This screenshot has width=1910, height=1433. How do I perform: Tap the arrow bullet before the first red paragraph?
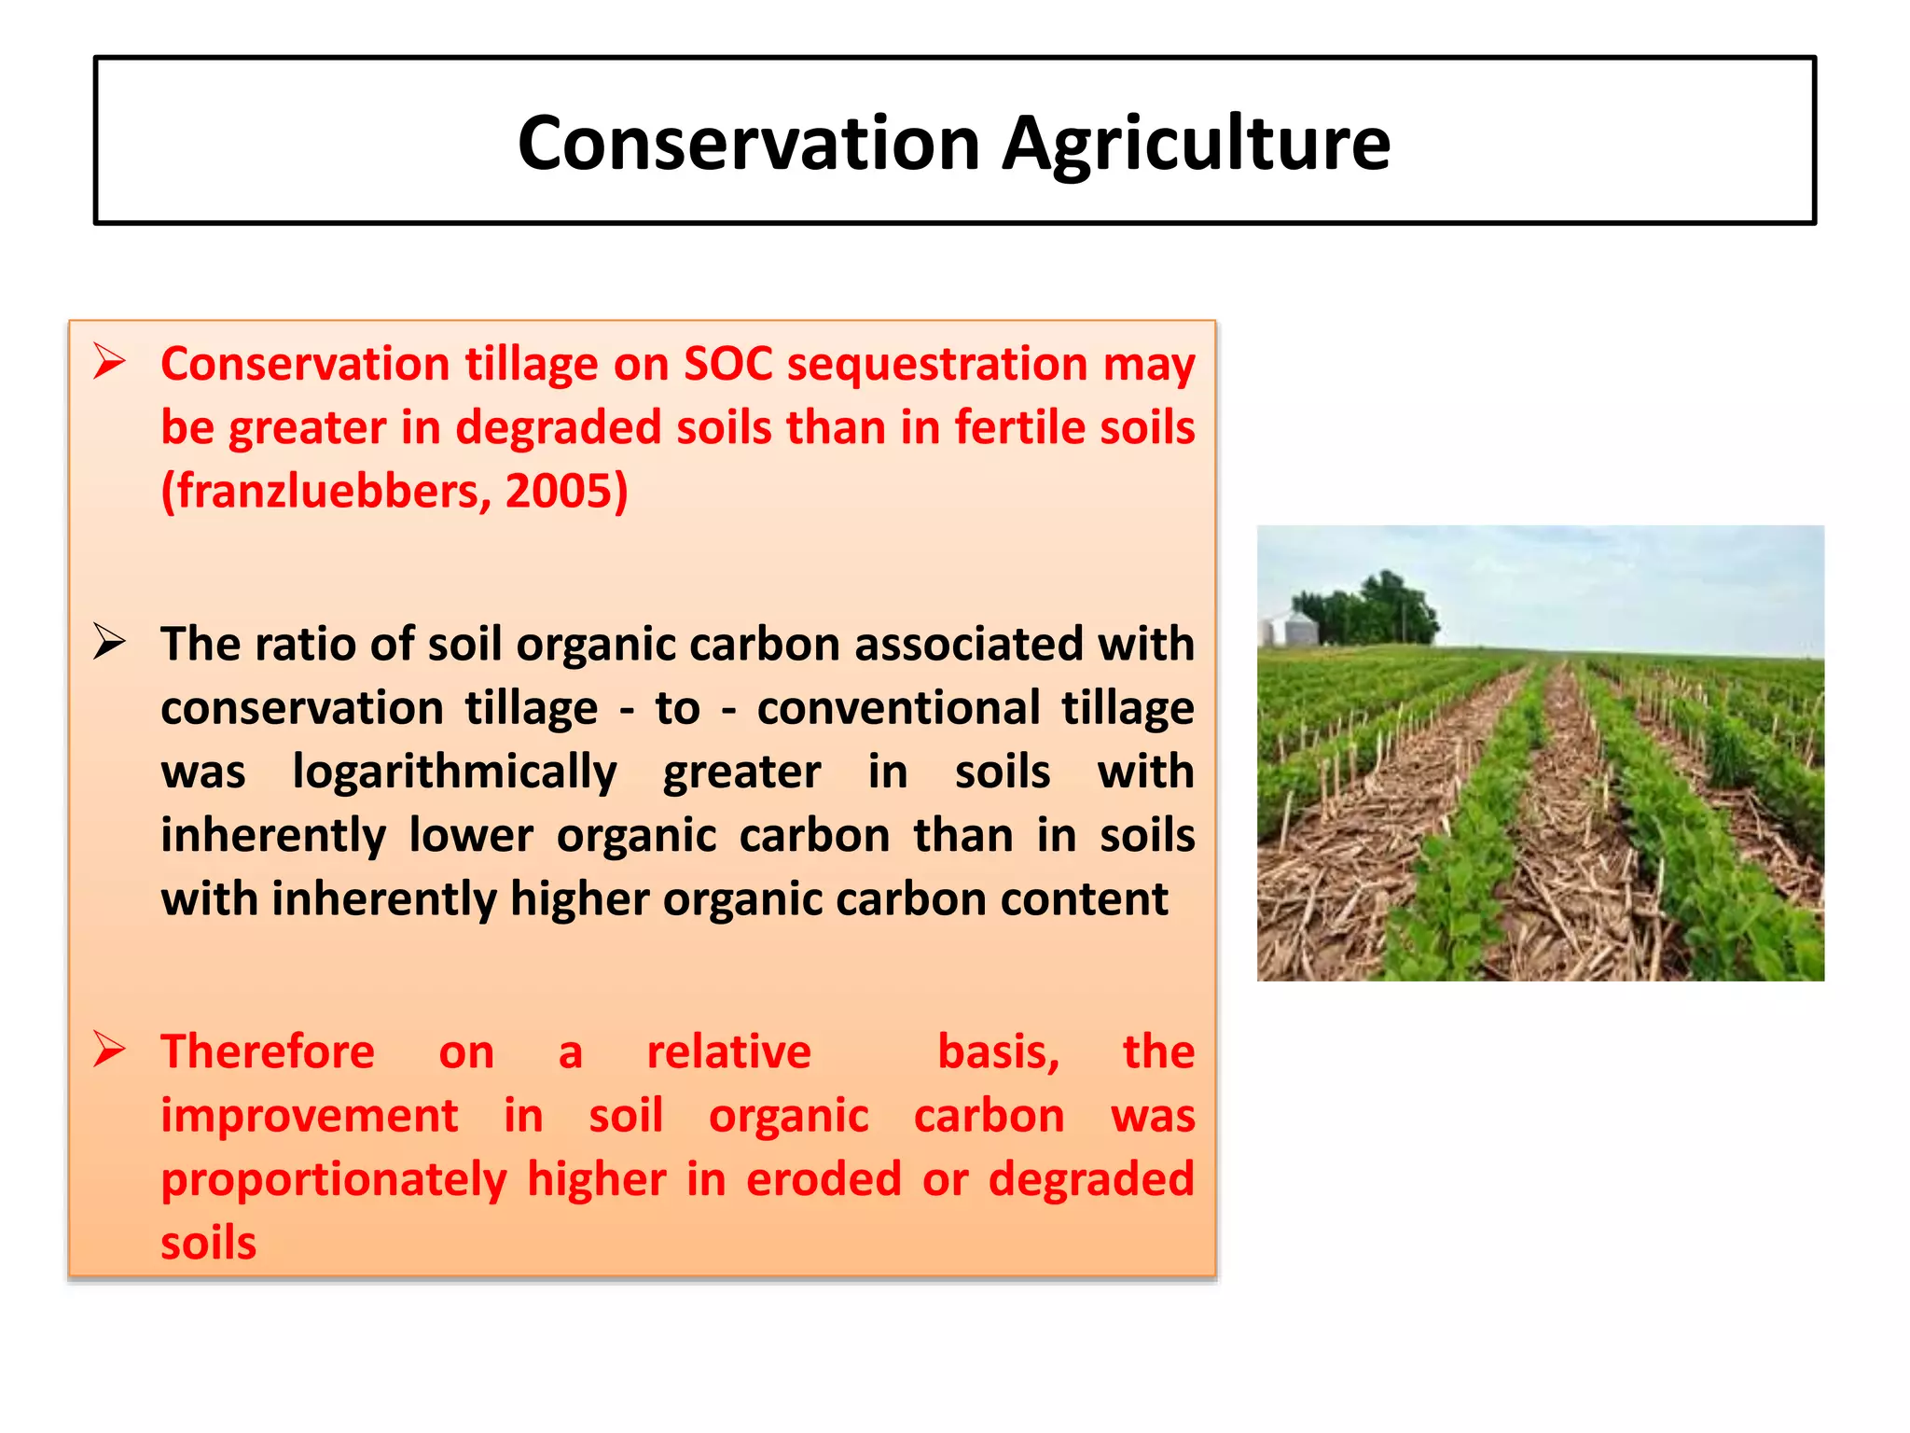109,362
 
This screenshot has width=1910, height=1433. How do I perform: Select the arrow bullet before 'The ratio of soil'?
109,643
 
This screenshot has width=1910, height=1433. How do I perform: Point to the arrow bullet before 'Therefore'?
109,1050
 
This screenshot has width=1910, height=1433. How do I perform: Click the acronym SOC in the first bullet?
727,364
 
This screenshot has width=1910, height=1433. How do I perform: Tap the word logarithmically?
454,772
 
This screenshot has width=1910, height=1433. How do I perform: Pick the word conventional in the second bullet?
897,708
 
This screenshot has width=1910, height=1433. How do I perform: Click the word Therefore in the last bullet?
268,1052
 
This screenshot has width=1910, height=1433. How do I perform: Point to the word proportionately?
333,1180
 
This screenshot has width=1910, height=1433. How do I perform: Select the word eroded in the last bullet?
824,1180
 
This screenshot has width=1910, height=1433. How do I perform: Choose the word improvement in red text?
309,1117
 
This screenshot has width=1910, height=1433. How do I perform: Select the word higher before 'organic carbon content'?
578,899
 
